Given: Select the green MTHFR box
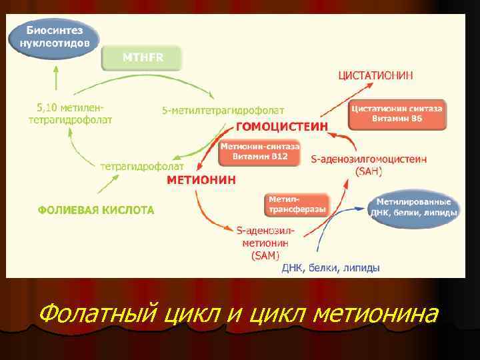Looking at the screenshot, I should coord(142,58).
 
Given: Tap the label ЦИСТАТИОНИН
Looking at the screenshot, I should coord(376,76).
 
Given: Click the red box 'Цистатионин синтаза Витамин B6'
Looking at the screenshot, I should coord(397,114).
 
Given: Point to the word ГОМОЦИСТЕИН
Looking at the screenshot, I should coord(282,126).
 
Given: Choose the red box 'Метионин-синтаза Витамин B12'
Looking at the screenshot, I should coord(260,151).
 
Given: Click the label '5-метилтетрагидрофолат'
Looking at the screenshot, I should coord(223,109).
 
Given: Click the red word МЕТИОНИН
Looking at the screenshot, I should coord(201,180).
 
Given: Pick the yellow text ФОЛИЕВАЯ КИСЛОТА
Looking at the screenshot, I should coord(96,210).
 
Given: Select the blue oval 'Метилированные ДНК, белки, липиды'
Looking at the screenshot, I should coord(413,207).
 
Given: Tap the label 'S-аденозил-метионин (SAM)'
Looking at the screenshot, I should coord(265,243).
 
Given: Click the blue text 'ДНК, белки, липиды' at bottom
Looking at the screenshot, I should coord(331,268).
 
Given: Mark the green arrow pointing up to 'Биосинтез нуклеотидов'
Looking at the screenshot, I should coord(54,77).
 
